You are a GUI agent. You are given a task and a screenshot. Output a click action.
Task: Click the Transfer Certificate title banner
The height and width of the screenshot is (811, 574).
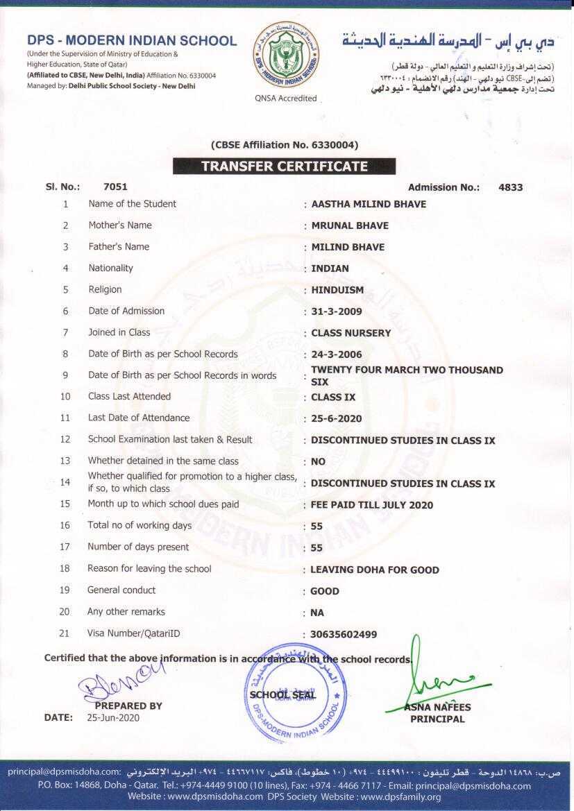(284, 167)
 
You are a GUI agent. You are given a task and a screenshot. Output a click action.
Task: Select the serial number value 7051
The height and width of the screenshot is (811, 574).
(115, 187)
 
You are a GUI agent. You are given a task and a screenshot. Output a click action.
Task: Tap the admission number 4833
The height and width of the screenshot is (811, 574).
(510, 187)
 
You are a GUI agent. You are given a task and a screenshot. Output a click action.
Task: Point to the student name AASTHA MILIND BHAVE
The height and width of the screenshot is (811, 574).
(369, 204)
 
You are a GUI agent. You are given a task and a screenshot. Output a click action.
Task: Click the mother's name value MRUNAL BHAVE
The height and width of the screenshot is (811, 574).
(350, 225)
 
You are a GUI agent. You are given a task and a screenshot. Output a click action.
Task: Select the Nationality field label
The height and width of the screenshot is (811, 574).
(110, 268)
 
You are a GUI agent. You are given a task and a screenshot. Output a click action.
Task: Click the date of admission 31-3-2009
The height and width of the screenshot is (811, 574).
(337, 311)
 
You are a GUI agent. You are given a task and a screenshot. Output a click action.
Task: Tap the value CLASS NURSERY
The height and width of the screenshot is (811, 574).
(351, 333)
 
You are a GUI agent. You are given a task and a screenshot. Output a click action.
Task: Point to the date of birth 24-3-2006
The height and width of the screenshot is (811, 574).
(337, 355)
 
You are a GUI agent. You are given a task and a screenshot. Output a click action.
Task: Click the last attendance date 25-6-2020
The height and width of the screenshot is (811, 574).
(337, 419)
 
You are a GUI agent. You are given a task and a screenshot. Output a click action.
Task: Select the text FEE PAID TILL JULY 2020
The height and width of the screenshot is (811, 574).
(371, 505)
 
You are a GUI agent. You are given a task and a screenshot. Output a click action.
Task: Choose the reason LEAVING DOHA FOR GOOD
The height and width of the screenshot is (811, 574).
(374, 570)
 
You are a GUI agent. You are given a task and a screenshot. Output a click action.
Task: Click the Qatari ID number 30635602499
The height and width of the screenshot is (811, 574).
(344, 635)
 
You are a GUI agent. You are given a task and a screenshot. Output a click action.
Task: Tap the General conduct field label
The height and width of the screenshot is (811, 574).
(121, 590)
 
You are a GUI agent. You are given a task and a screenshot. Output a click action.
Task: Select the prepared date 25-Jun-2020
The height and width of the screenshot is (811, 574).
(113, 718)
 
